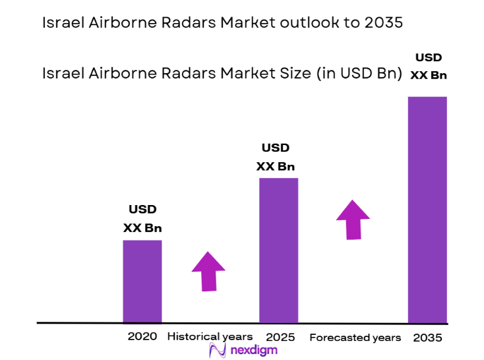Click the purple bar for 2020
tap(142, 282)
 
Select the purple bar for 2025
tap(278, 251)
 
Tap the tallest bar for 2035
tap(427, 210)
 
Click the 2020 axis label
tap(142, 336)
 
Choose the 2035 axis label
tap(427, 338)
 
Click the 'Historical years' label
tap(210, 337)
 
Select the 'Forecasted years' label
tap(355, 338)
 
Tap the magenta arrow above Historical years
tap(208, 271)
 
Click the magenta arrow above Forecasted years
tap(353, 219)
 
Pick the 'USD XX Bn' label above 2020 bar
tap(142, 219)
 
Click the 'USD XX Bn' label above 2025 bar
tap(276, 157)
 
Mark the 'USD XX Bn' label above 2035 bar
tap(429, 66)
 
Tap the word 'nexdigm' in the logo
tap(253, 351)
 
